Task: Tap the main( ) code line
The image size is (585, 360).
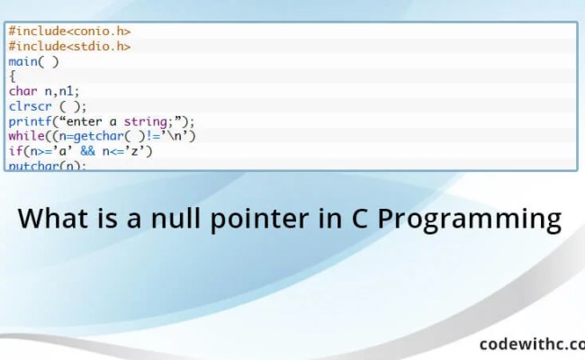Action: point(34,61)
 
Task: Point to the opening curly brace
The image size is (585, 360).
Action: point(13,76)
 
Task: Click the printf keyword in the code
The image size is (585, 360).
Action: point(31,121)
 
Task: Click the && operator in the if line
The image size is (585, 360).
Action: point(100,151)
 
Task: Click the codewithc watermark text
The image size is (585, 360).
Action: point(531,343)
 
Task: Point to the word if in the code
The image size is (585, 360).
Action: point(14,151)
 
